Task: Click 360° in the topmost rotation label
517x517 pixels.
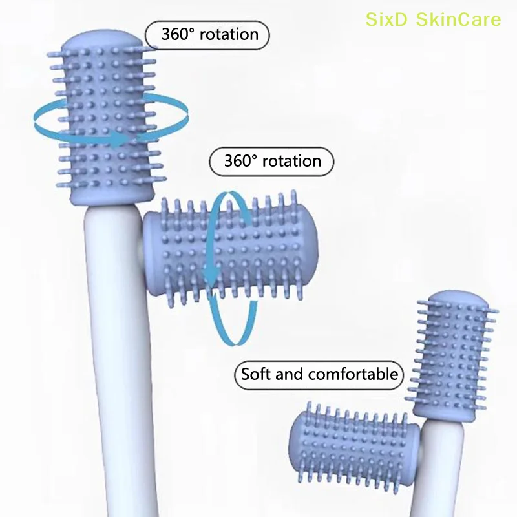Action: coord(170,34)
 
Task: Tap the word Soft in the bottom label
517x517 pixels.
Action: coord(257,374)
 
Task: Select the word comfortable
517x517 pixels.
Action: coord(353,374)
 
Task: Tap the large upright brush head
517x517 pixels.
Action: coord(107,116)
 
